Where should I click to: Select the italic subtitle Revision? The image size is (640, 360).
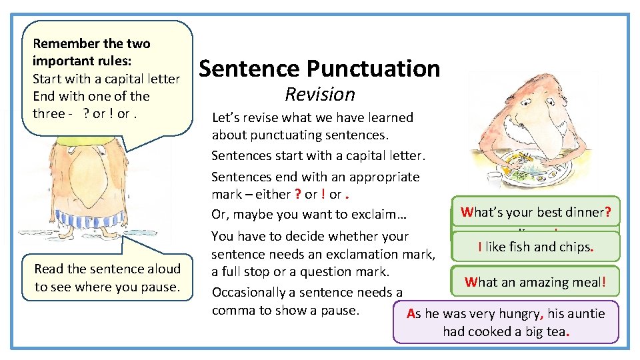(320, 94)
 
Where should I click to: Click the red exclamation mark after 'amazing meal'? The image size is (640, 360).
(603, 282)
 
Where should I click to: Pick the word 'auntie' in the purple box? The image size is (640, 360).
(585, 313)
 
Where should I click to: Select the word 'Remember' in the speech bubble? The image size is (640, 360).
(61, 44)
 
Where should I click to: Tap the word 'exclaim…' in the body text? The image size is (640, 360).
(387, 214)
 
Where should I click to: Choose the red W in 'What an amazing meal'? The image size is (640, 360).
(471, 282)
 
